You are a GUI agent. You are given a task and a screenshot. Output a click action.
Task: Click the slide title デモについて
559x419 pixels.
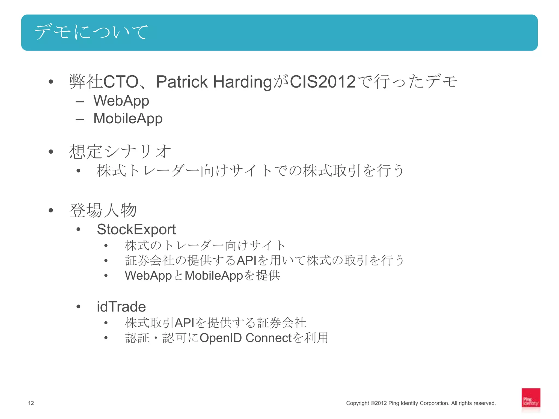coord(91,32)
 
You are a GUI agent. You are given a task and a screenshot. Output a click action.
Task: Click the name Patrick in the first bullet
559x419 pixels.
coord(182,82)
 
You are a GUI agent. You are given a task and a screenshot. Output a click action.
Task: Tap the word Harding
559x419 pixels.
coord(242,82)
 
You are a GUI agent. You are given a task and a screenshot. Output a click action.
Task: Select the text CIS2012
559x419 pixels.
coord(323,82)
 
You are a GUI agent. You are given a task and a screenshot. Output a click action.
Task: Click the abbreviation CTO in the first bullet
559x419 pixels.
coord(121,82)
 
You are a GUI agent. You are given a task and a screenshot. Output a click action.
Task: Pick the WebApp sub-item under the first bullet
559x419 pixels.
coord(121,101)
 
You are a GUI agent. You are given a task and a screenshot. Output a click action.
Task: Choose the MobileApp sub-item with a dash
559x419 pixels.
coord(128,118)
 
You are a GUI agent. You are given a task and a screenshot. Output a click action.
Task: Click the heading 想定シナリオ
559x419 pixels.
coord(120,151)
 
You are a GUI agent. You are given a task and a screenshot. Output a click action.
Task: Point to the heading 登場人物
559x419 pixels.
coord(103,210)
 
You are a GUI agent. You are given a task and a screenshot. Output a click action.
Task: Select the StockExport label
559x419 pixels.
coord(136,229)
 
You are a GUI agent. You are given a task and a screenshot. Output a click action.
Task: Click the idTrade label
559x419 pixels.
coord(121,307)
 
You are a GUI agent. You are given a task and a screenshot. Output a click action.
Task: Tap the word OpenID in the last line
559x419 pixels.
coord(221,338)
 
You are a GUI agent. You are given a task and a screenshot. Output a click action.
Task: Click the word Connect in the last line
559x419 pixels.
coord(269,338)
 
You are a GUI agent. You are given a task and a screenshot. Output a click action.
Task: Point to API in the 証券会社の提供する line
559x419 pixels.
coord(246,261)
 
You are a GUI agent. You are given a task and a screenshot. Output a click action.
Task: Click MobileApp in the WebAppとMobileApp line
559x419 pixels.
coord(214,276)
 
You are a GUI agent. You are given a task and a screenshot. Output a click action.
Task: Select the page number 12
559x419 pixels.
coord(31,403)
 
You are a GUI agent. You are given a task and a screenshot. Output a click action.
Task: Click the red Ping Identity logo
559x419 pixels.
coord(531,400)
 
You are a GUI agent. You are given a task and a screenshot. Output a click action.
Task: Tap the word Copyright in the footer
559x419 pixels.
coord(357,403)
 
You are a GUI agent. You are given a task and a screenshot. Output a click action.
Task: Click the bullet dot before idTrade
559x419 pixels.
coord(79,307)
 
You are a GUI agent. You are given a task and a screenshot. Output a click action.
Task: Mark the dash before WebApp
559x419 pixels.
coord(80,102)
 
